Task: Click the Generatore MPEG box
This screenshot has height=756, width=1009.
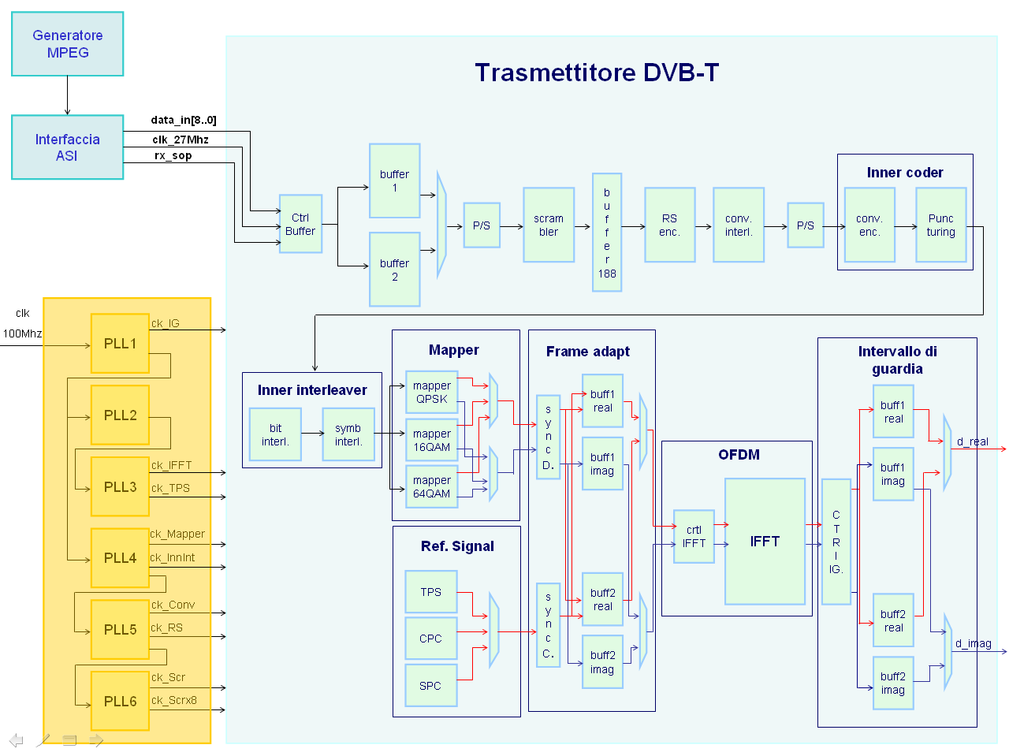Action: pyautogui.click(x=68, y=44)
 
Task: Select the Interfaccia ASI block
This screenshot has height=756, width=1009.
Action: pyautogui.click(x=68, y=147)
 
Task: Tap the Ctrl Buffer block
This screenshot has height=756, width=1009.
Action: pyautogui.click(x=300, y=224)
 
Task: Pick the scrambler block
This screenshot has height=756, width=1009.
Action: pyautogui.click(x=549, y=225)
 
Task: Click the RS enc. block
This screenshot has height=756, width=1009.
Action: pyautogui.click(x=669, y=225)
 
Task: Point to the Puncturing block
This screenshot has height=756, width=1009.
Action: pyautogui.click(x=940, y=225)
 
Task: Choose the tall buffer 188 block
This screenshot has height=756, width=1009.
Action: pyautogui.click(x=607, y=233)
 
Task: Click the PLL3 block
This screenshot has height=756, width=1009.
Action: pyautogui.click(x=120, y=486)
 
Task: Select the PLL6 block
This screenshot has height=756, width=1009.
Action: pyautogui.click(x=120, y=701)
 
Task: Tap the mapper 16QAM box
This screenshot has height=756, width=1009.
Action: pyautogui.click(x=431, y=440)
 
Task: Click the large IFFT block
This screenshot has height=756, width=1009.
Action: pyautogui.click(x=765, y=542)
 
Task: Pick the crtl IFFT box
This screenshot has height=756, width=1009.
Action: pyautogui.click(x=694, y=536)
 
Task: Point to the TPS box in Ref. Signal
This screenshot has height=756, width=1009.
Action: pyautogui.click(x=430, y=592)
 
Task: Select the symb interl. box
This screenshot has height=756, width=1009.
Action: pyautogui.click(x=348, y=434)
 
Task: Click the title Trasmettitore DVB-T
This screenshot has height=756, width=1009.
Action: pyautogui.click(x=597, y=73)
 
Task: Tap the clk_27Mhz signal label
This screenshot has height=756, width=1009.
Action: pyautogui.click(x=181, y=140)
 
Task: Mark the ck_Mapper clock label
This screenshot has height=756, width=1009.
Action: pyautogui.click(x=177, y=534)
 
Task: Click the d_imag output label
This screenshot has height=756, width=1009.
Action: pyautogui.click(x=973, y=643)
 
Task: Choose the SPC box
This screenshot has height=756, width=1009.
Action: pyautogui.click(x=430, y=686)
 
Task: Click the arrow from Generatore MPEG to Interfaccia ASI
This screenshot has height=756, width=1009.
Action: pyautogui.click(x=68, y=95)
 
